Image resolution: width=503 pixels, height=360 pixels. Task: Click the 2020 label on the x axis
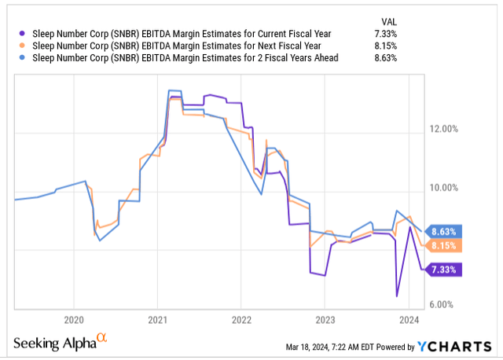point(73,320)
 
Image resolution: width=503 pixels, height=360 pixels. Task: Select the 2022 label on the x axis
point(241,320)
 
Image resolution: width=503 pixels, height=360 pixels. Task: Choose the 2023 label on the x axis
point(325,320)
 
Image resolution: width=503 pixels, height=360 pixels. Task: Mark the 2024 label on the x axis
point(409,320)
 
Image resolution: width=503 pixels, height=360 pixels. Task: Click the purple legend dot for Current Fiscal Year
point(20,34)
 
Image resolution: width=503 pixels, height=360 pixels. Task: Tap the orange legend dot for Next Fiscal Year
point(20,46)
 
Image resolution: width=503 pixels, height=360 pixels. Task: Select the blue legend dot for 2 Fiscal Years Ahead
point(20,57)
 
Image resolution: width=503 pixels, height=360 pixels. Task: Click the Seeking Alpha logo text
point(53,343)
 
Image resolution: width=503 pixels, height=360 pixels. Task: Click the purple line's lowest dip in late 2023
point(397,296)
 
